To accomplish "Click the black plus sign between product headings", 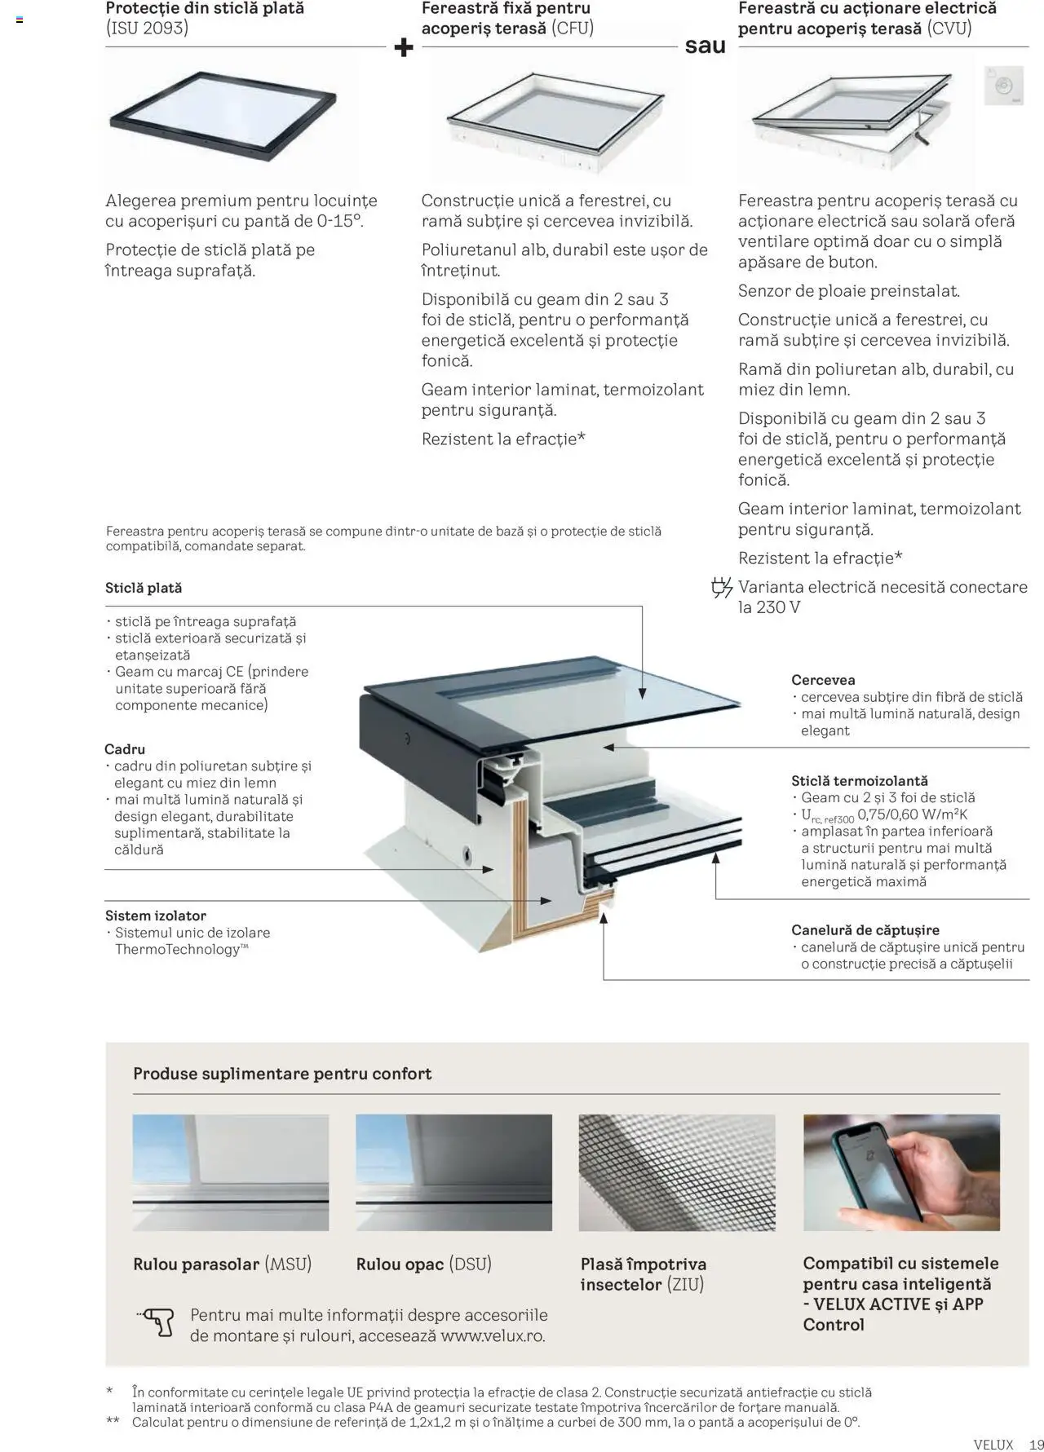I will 403,48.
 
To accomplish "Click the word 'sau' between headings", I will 705,46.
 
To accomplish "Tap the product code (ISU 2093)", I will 147,29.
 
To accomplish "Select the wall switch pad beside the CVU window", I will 1003,86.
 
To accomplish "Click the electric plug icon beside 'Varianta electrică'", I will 721,588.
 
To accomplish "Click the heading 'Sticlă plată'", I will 144,588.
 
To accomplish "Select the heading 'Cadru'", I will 125,749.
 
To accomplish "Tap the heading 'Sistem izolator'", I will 155,916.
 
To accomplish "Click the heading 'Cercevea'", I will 823,680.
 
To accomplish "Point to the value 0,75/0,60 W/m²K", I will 913,814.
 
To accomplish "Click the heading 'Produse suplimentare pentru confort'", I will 282,1074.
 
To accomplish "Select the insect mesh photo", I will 676,1172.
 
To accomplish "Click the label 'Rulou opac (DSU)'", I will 423,1264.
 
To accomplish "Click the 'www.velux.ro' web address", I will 492,1335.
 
